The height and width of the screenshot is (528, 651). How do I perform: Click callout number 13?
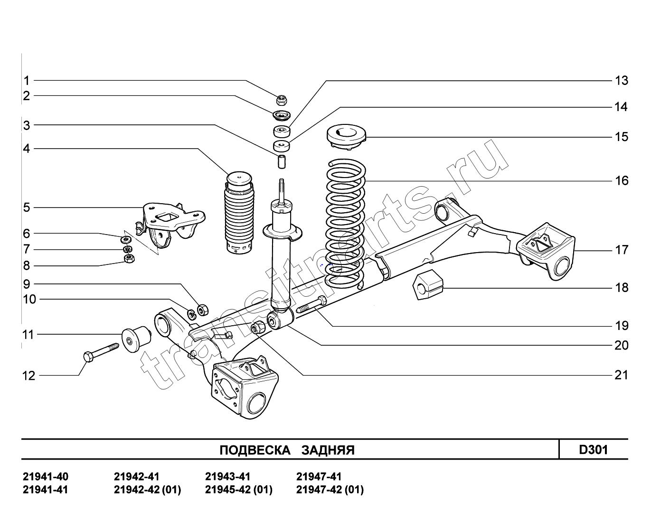pyautogui.click(x=622, y=81)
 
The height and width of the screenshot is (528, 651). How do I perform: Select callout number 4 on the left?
pyautogui.click(x=27, y=149)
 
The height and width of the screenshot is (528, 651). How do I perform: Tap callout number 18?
pyautogui.click(x=622, y=288)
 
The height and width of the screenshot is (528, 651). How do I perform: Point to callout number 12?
pyautogui.click(x=29, y=376)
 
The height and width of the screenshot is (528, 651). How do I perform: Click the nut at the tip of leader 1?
pyautogui.click(x=282, y=99)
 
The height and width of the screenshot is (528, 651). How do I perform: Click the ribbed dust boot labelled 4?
pyautogui.click(x=239, y=213)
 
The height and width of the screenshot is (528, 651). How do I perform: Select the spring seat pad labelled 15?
pyautogui.click(x=346, y=137)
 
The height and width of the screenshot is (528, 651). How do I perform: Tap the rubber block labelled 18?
pyautogui.click(x=428, y=284)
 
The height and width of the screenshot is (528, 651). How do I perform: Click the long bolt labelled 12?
pyautogui.click(x=101, y=352)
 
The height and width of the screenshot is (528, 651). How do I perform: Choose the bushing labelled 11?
pyautogui.click(x=135, y=339)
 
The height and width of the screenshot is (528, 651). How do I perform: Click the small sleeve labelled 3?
pyautogui.click(x=281, y=161)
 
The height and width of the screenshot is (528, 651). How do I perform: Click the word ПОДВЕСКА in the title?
pyautogui.click(x=255, y=450)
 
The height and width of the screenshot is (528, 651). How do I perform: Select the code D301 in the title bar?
pyautogui.click(x=593, y=450)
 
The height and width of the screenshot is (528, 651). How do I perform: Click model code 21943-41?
pyautogui.click(x=228, y=477)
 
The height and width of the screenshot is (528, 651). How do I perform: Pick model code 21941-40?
pyautogui.click(x=46, y=477)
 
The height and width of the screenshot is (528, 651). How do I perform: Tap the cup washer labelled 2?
pyautogui.click(x=281, y=115)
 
